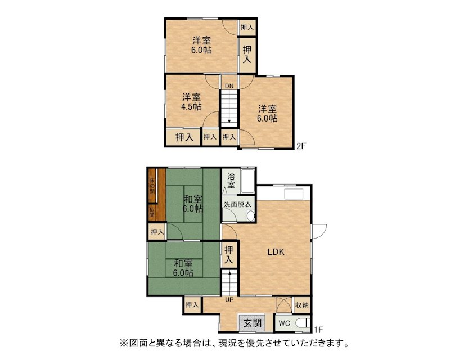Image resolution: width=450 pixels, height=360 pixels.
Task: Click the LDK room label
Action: pos(276,252)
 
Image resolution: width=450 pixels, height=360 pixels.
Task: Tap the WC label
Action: pos(285,323)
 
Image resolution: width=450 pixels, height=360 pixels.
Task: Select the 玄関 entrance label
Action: pos(253,323)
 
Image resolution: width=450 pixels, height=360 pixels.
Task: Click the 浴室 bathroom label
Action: pos(231,181)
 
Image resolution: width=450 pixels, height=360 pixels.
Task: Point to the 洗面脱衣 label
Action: pos(237,204)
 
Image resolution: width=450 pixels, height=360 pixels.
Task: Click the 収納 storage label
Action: pos(301,305)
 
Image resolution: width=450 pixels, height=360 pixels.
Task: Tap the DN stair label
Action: pos(229,86)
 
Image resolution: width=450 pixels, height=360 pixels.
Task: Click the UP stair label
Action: pos(229,300)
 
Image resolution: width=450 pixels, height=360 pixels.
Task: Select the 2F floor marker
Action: pos(301,146)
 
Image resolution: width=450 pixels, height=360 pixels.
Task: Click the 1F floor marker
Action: pos(318,330)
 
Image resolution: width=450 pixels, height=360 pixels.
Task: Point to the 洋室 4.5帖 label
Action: pos(191,102)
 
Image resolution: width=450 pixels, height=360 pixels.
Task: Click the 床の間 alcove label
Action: pos(152,186)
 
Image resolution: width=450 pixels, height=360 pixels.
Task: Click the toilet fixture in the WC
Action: pos(302,323)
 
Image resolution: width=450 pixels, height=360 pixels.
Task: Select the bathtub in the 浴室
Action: pos(247,182)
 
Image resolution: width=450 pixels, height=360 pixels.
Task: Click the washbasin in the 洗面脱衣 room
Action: pos(250,215)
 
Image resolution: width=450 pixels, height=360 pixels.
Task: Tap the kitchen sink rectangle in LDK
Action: pos(294,193)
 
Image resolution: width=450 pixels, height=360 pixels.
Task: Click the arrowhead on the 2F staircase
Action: pos(229,121)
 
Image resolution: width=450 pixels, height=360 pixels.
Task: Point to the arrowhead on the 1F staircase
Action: pos(229,273)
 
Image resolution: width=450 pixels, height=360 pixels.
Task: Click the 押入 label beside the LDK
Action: pos(229,255)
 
